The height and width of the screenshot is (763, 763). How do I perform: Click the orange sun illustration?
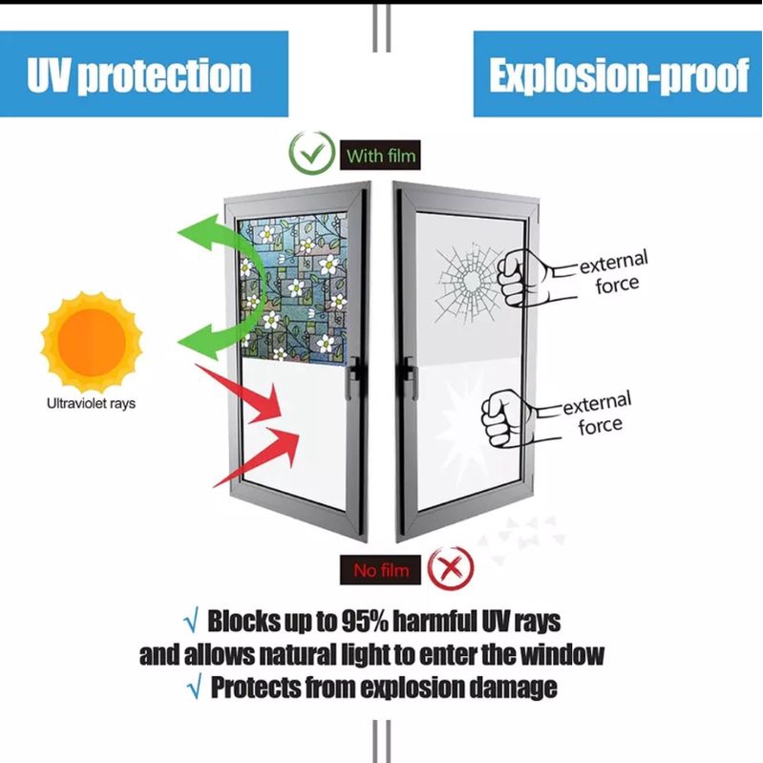92,342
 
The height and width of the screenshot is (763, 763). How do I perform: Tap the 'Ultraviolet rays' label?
91,403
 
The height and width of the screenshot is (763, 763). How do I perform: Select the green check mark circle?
312,153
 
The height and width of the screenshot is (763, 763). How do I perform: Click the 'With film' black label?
380,156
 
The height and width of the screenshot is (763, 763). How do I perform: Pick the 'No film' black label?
380,570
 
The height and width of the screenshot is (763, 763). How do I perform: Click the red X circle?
451,568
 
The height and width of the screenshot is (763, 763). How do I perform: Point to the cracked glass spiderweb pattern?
469,284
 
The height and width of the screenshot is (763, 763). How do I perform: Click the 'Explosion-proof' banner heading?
618,74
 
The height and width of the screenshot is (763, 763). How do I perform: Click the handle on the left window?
353,377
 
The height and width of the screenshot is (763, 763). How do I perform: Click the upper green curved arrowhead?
201,232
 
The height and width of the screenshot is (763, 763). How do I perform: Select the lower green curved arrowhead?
201,342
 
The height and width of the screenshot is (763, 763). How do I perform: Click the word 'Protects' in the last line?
255,688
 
